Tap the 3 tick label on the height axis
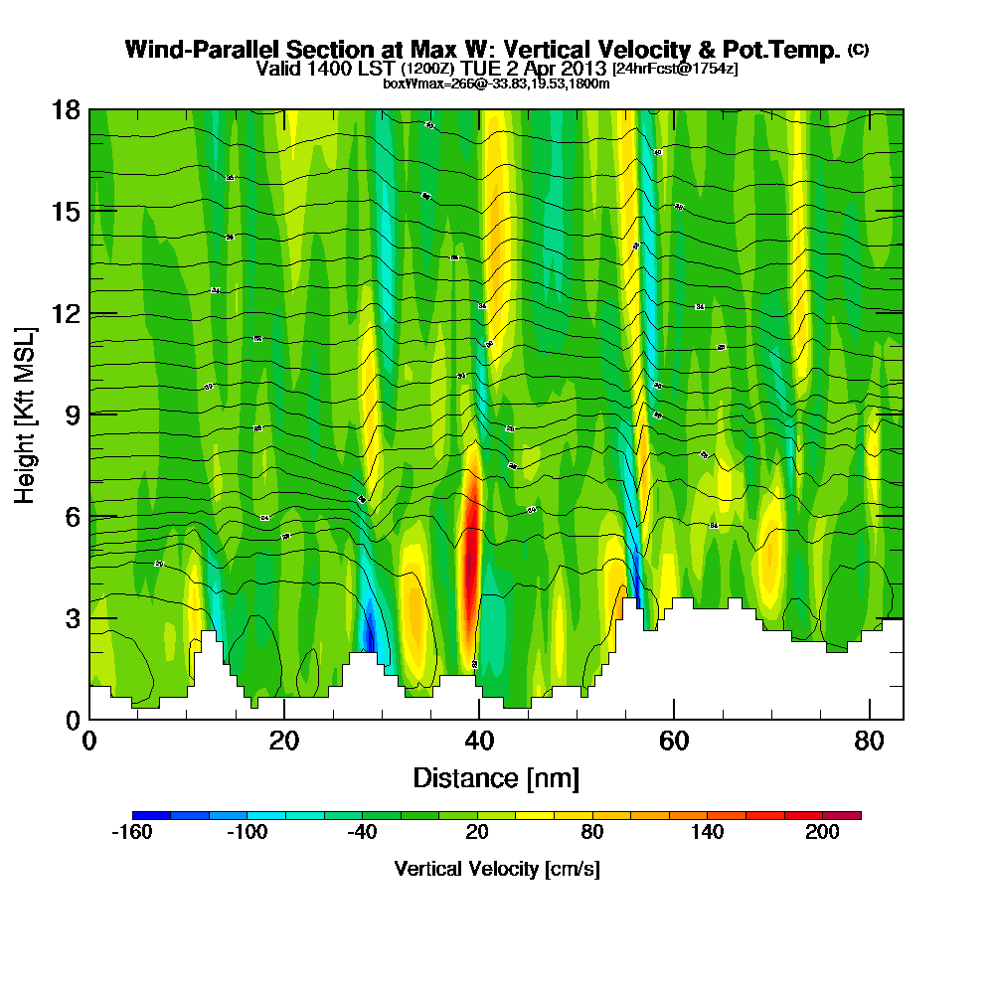[x=70, y=618]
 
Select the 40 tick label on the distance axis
[x=479, y=741]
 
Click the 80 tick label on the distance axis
[x=869, y=741]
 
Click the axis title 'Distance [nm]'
[x=496, y=777]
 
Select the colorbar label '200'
[x=823, y=833]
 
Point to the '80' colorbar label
[x=592, y=833]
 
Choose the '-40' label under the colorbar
[x=362, y=833]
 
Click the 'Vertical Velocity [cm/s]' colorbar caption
[x=496, y=869]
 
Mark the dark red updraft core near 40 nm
[x=471, y=557]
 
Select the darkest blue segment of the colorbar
[x=152, y=815]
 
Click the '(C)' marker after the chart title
[x=858, y=49]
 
